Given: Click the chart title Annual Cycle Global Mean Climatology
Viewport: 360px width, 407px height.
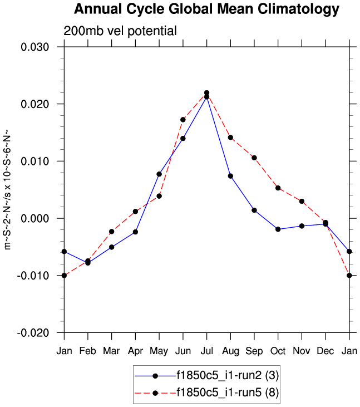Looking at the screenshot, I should [x=206, y=9].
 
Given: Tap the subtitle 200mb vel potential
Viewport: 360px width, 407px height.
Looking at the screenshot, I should [x=120, y=31].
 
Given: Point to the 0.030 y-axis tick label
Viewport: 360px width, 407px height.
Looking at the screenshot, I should [x=35, y=47].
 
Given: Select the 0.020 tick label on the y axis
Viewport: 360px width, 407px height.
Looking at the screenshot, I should [x=35, y=104].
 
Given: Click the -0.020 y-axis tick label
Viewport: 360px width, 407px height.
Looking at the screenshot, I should [x=33, y=332].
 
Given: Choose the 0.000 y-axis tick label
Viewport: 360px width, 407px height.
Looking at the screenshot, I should [x=35, y=218].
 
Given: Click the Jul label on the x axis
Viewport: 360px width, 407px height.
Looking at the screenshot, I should [x=206, y=351].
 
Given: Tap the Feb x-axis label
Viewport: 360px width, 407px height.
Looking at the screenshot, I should [x=88, y=351].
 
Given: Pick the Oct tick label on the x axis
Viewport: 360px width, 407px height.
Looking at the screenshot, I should [x=278, y=351].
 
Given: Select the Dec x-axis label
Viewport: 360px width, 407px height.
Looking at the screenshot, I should [x=325, y=351].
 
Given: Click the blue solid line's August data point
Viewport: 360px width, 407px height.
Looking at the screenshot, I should [x=230, y=176].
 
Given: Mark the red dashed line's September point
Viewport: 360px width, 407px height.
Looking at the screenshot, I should [x=254, y=158].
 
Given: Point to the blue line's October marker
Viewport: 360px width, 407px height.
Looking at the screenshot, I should [x=278, y=229].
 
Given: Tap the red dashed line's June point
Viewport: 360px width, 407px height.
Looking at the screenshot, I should [x=183, y=119].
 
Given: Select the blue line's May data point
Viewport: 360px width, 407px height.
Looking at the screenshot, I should [x=159, y=174].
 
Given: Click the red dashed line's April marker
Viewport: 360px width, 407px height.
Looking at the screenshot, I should [x=135, y=212].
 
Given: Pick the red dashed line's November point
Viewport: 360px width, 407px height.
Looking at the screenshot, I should [x=302, y=201].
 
